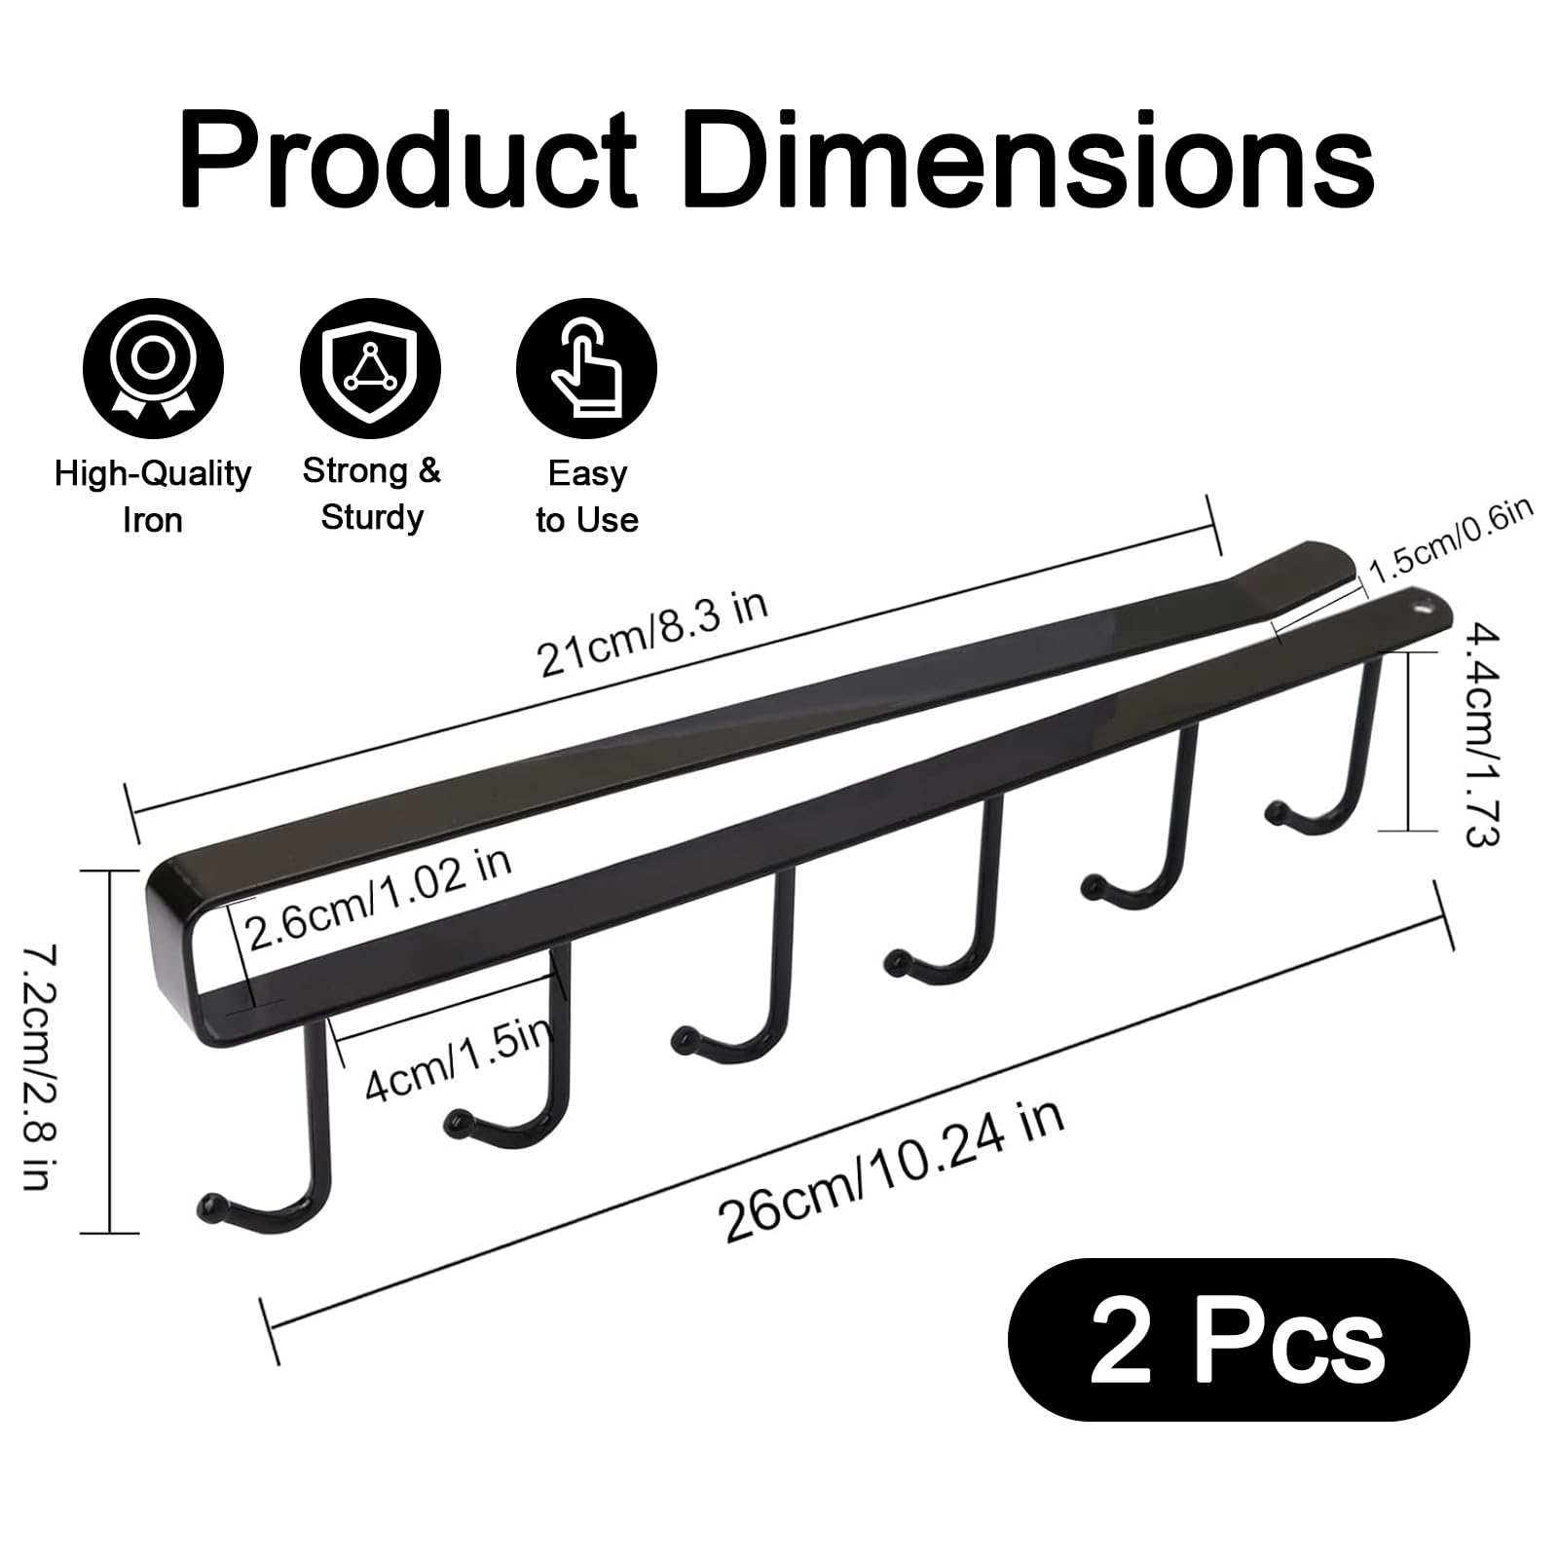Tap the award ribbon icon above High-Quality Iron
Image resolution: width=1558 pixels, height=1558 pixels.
pos(153,369)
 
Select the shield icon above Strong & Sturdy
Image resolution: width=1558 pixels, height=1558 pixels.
pos(370,369)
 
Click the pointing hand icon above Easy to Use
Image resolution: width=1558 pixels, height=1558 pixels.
pos(586,369)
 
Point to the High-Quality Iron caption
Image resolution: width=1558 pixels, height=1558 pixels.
pos(153,497)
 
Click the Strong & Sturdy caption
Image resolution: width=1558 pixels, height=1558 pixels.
pos(371,494)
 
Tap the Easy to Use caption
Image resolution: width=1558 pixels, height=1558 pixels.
pos(587,497)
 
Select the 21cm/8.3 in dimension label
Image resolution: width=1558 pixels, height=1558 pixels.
pos(653,631)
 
